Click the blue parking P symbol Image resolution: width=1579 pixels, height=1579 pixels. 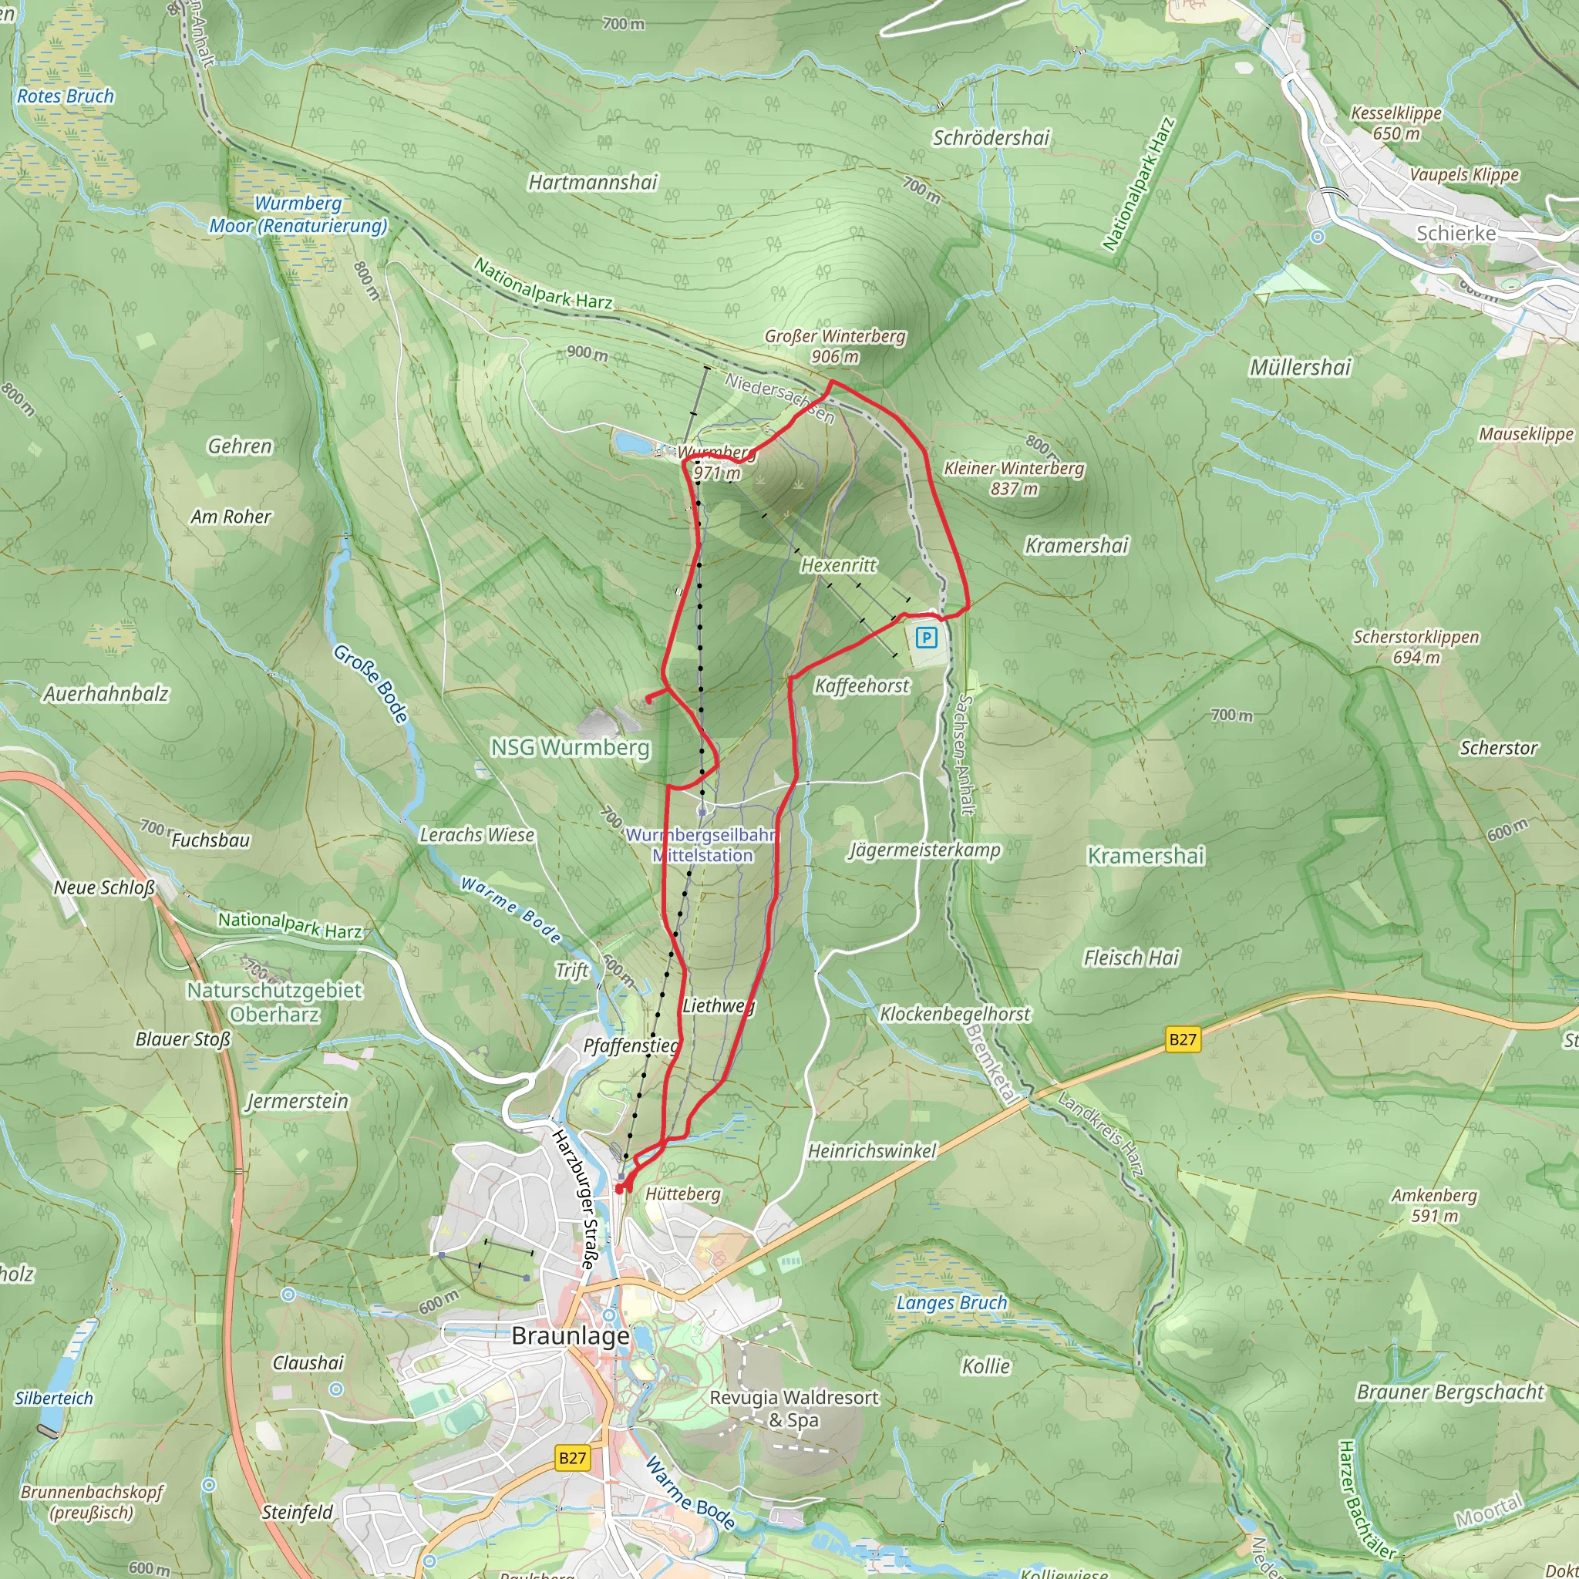point(926,638)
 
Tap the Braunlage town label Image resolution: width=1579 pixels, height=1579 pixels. point(571,1335)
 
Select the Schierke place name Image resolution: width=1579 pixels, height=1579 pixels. point(1456,233)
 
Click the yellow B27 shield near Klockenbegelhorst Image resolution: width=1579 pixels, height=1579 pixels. point(1182,1039)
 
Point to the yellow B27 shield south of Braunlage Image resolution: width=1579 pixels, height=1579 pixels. point(572,1458)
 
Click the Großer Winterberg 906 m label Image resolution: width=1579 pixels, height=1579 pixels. point(834,345)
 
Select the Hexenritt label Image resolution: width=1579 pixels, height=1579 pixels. point(838,564)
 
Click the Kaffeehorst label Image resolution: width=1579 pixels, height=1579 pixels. point(861,685)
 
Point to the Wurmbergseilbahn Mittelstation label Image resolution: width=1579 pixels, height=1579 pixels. point(702,845)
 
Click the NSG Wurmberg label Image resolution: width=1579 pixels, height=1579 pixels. point(570,747)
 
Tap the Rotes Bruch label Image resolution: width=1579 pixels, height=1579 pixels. point(66,96)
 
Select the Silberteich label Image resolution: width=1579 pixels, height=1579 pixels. point(54,1398)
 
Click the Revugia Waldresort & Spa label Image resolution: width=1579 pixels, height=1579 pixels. point(793,1408)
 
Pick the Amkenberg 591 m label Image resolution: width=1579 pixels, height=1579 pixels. point(1434,1205)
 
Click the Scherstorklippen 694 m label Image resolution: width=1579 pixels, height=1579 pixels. point(1416,646)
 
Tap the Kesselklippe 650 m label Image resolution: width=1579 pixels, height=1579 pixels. point(1396,123)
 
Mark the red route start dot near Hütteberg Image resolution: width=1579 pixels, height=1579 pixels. point(618,1189)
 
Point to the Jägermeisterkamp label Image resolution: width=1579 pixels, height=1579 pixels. point(924,850)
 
